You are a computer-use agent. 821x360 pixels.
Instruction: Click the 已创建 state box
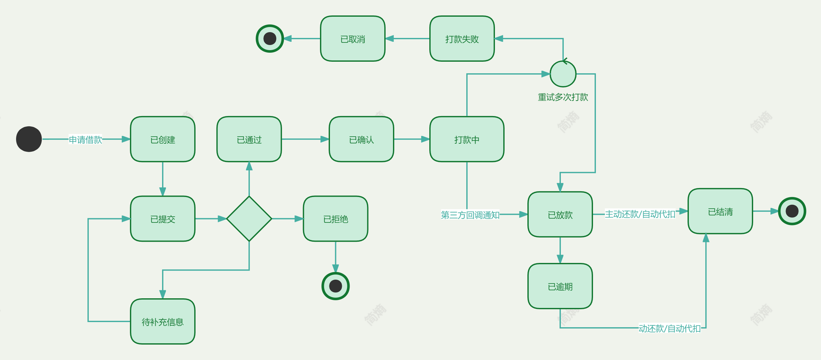pyautogui.click(x=163, y=139)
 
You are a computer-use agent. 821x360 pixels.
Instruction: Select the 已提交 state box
pyautogui.click(x=163, y=219)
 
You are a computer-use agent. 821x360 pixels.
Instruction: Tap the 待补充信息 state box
pyautogui.click(x=163, y=321)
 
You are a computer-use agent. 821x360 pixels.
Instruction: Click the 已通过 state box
pyautogui.click(x=249, y=139)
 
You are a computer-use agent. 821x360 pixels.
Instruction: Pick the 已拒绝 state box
pyautogui.click(x=335, y=219)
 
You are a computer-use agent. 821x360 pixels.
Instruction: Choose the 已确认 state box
pyautogui.click(x=361, y=139)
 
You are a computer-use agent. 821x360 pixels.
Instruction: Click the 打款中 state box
pyautogui.click(x=467, y=139)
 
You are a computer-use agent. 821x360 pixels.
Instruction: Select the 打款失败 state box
pyautogui.click(x=462, y=39)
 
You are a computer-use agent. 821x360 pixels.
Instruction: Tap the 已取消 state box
pyautogui.click(x=353, y=39)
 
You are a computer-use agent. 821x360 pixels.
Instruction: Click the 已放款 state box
pyautogui.click(x=560, y=214)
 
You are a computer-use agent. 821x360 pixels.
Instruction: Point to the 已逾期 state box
pyautogui.click(x=560, y=286)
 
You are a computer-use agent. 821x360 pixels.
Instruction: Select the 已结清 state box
pyautogui.click(x=720, y=211)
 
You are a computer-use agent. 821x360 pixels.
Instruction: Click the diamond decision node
pyautogui.click(x=249, y=219)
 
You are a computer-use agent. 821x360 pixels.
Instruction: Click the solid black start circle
pyautogui.click(x=29, y=139)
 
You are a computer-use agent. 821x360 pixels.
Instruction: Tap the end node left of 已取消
pyautogui.click(x=270, y=39)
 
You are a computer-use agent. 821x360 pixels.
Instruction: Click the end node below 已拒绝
pyautogui.click(x=335, y=286)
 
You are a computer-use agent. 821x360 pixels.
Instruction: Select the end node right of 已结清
pyautogui.click(x=792, y=211)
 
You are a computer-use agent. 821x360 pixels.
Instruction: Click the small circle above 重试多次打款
pyautogui.click(x=563, y=74)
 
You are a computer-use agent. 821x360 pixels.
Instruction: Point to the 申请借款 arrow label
pyautogui.click(x=85, y=139)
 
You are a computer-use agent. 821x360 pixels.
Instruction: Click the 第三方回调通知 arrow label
pyautogui.click(x=470, y=215)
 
